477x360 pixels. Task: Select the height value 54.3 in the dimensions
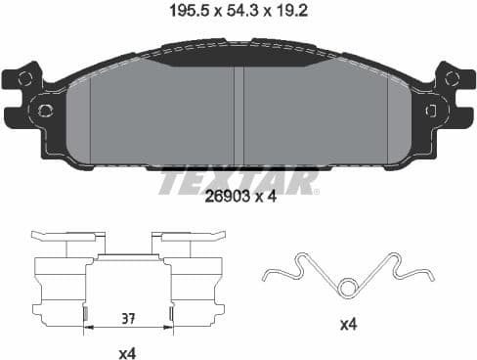click(238, 13)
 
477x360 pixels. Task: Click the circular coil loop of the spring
click(347, 286)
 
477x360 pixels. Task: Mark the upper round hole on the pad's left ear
click(25, 79)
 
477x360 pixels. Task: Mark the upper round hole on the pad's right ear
click(451, 79)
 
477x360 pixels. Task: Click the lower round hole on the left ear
click(43, 110)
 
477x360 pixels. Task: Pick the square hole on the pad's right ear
click(430, 111)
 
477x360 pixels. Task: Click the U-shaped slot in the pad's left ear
click(12, 97)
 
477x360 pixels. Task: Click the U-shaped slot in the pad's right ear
click(465, 97)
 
